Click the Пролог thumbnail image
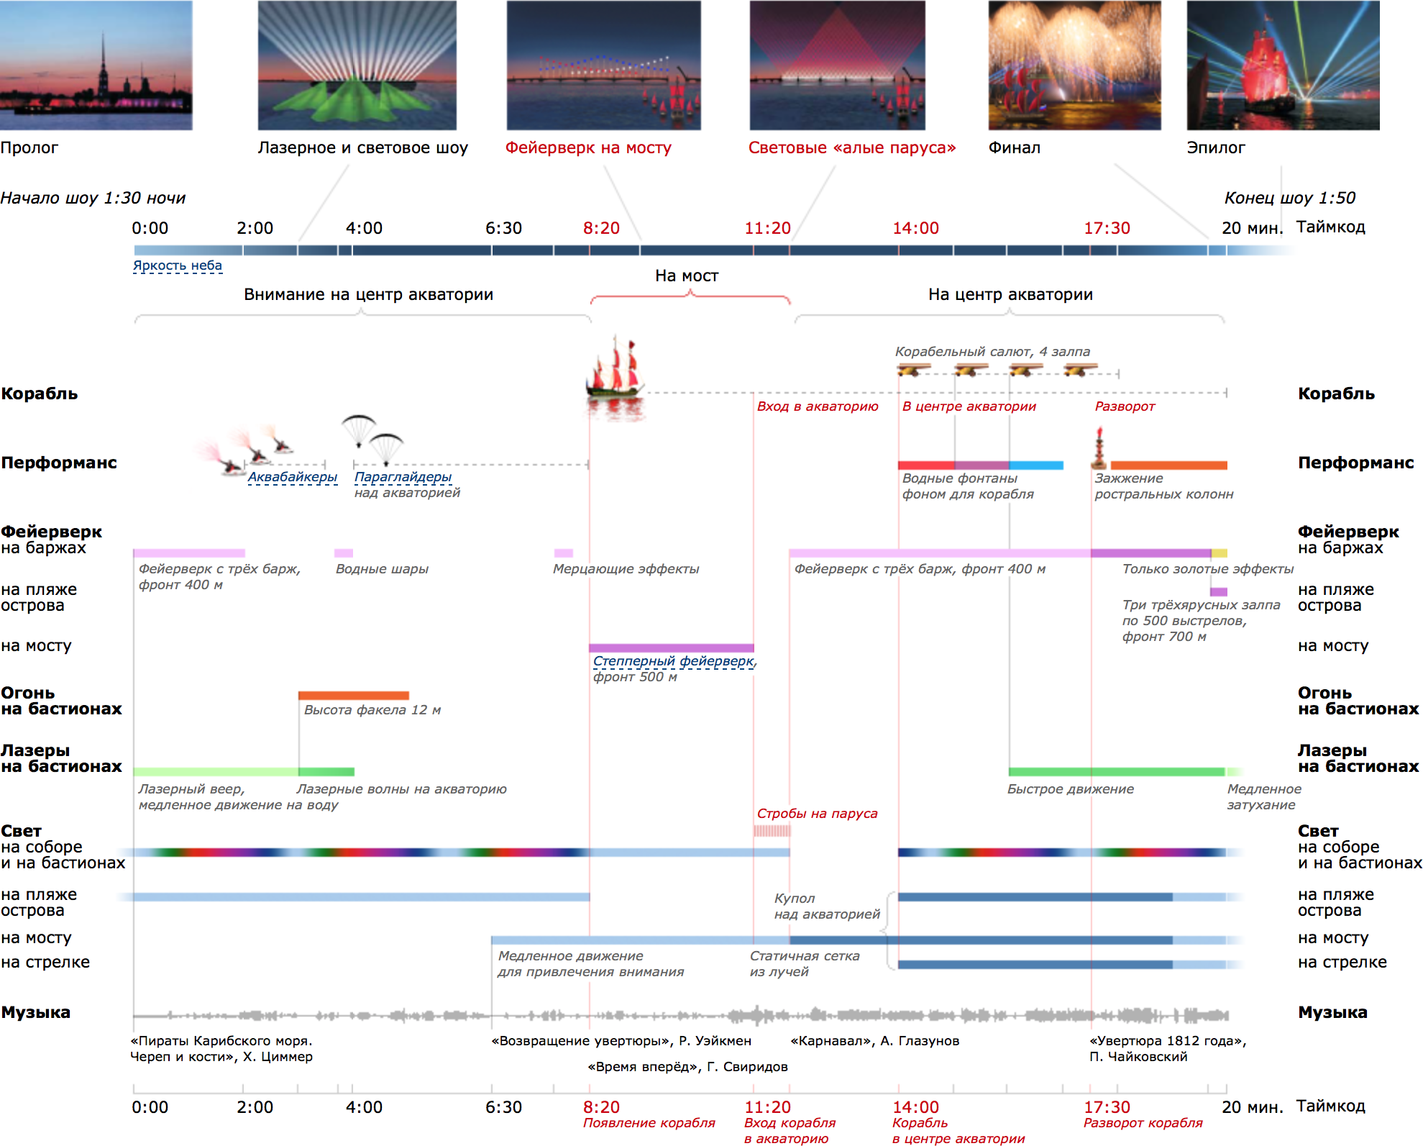click(96, 65)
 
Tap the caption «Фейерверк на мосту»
click(588, 148)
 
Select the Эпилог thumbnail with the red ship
click(1283, 65)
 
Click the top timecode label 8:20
click(601, 229)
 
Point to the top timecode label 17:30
click(1107, 229)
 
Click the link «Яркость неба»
click(178, 265)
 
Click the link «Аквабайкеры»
click(292, 477)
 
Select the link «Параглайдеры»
click(403, 477)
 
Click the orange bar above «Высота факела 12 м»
click(353, 696)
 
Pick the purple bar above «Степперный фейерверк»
click(671, 648)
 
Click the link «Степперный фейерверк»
click(673, 661)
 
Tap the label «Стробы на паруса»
click(817, 814)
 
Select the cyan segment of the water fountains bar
click(1035, 465)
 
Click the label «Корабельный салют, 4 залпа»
click(992, 352)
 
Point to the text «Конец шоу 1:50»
click(1289, 198)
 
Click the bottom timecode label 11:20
click(767, 1107)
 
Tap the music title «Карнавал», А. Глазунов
click(874, 1041)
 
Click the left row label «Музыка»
click(36, 1013)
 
